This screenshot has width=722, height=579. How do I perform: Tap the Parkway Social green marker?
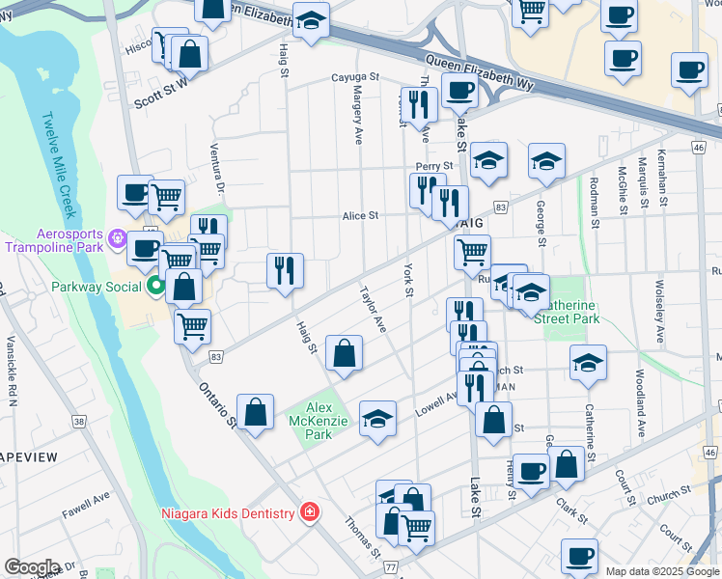[x=155, y=287]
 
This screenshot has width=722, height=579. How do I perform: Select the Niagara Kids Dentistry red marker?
[x=310, y=511]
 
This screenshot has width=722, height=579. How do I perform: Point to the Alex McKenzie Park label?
[x=312, y=421]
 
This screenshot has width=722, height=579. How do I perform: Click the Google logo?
[x=32, y=566]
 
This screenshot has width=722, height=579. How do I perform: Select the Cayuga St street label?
[x=355, y=77]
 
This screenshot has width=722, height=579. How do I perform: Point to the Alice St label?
[x=360, y=216]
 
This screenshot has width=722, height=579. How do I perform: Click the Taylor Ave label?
[x=373, y=309]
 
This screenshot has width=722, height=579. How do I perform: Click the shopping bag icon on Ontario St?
[x=255, y=413]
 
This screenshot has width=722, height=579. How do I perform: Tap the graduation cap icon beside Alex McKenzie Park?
[x=377, y=419]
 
